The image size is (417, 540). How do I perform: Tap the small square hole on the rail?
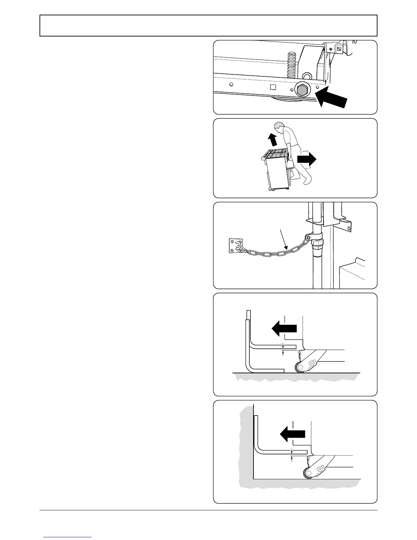pyautogui.click(x=272, y=86)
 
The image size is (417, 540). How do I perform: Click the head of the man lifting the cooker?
pyautogui.click(x=279, y=126)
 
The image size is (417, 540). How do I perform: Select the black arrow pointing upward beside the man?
pyautogui.click(x=272, y=139)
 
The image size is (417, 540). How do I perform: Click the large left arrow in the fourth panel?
pyautogui.click(x=284, y=329)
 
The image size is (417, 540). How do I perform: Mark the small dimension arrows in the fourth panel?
pyautogui.click(x=283, y=349)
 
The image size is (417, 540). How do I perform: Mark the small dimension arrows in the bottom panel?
pyautogui.click(x=292, y=455)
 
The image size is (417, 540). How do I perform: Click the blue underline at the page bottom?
pyautogui.click(x=67, y=537)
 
